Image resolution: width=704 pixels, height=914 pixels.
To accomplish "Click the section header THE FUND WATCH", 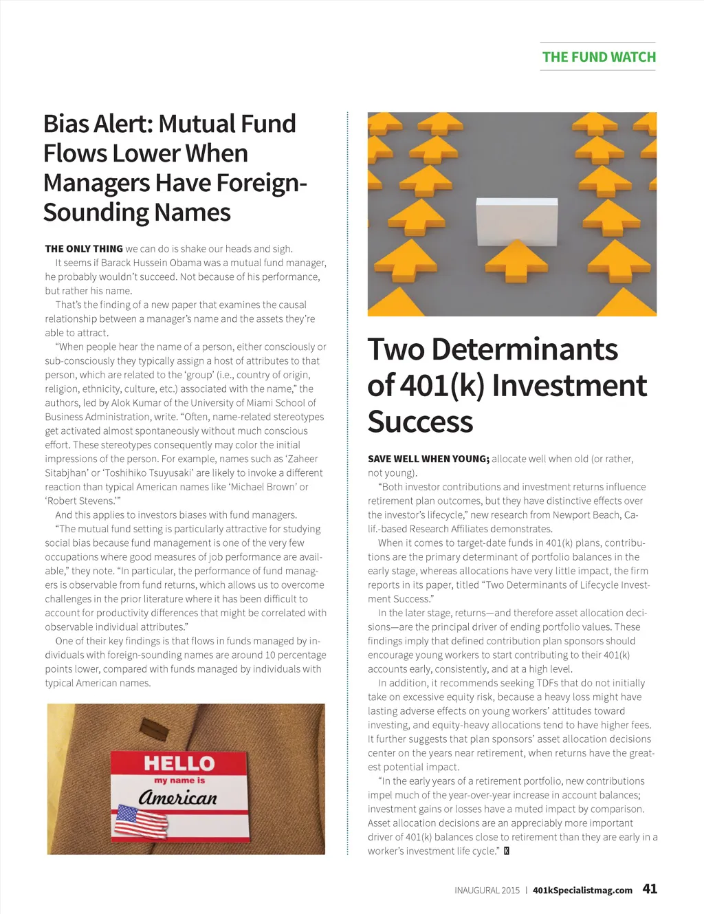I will click(x=599, y=57).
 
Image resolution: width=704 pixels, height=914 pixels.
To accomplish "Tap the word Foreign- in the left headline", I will click(x=261, y=183).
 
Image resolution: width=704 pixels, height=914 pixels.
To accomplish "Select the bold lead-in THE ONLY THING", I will click(x=84, y=249).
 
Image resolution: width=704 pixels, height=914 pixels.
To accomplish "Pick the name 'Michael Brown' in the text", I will click(x=268, y=487).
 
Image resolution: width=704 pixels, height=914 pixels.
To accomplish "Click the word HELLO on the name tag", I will click(x=179, y=763).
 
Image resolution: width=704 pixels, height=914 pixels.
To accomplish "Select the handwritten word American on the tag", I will click(x=177, y=797).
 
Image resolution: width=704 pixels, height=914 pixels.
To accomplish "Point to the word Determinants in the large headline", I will click(x=525, y=349).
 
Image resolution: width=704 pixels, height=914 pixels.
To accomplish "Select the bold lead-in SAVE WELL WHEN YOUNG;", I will click(x=428, y=459).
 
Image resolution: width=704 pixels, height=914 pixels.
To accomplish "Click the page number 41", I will click(x=650, y=889).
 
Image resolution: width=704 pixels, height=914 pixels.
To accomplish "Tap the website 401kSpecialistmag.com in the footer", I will click(x=582, y=890).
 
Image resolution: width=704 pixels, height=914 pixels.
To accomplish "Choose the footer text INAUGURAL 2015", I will click(x=487, y=890).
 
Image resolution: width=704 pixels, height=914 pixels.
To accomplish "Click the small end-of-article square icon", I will click(x=507, y=851).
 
